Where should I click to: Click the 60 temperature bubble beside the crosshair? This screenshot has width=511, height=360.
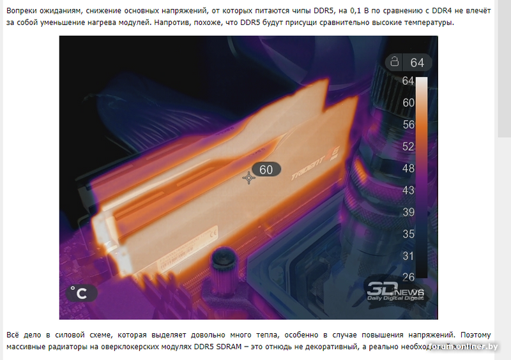(266, 169)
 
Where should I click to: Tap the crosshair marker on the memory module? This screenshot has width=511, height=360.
(248, 178)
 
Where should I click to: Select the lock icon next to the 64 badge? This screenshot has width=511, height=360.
(395, 62)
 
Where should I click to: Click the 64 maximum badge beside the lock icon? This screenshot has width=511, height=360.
(416, 63)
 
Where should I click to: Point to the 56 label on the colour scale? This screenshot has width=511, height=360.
(409, 124)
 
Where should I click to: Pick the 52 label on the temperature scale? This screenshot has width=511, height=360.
(409, 146)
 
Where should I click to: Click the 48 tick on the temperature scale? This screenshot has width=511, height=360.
(409, 169)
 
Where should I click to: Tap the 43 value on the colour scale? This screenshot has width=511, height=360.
(409, 190)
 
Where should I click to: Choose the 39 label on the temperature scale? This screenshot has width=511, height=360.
(409, 212)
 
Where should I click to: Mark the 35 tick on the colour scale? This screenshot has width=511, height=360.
(409, 234)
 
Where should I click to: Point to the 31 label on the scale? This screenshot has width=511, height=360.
(409, 255)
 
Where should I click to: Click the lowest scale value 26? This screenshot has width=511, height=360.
(409, 276)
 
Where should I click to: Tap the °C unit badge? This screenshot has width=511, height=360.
(82, 293)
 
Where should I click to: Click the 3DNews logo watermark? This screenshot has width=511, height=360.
(394, 291)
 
